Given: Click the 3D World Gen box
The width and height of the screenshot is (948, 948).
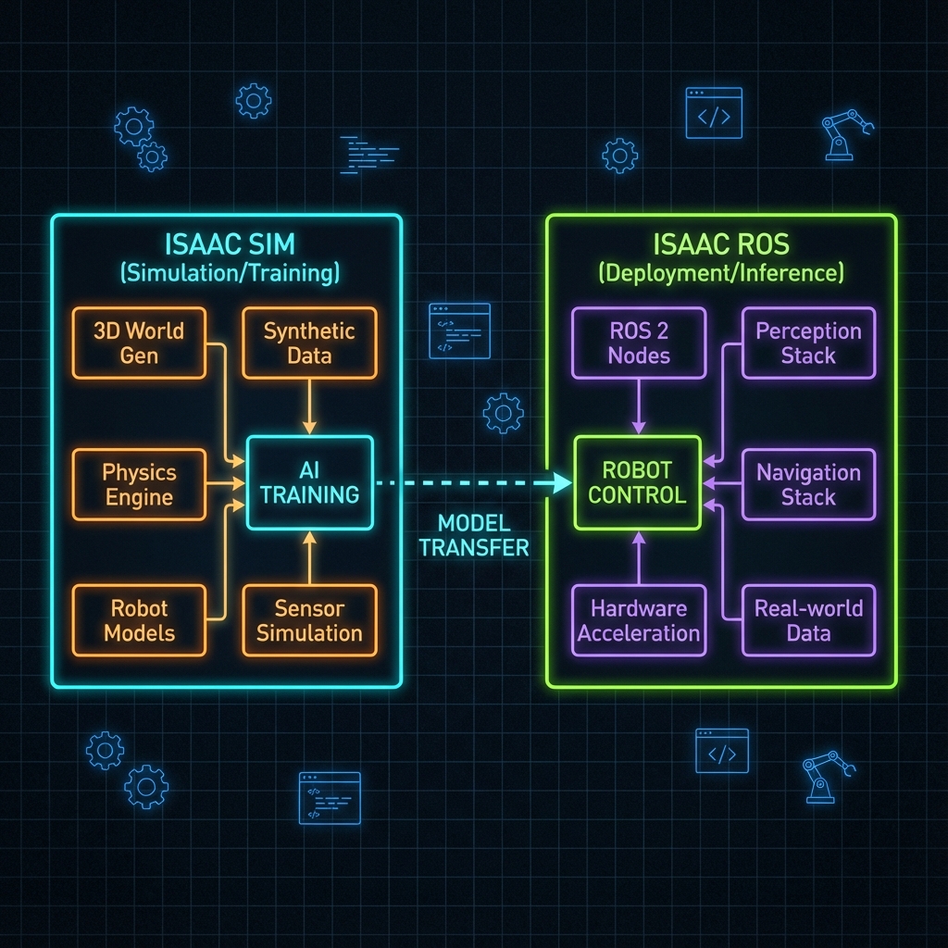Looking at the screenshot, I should (139, 343).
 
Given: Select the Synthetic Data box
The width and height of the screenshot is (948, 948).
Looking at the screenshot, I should (309, 343).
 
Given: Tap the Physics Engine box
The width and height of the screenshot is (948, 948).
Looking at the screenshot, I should (139, 485).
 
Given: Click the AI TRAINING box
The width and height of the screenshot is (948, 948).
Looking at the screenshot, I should (309, 482).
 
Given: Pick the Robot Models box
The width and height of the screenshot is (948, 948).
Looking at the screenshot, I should (139, 621).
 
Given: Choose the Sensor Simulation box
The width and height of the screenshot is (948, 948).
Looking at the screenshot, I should (309, 621).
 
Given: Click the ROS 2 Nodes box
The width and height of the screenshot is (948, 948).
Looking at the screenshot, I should (639, 343).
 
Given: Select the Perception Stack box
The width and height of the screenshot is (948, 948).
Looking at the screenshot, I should (808, 343).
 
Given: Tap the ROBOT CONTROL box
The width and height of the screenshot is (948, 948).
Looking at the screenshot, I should (638, 482).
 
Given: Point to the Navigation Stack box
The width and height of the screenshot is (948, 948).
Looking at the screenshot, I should (808, 485).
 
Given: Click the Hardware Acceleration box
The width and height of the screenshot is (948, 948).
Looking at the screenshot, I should (639, 621).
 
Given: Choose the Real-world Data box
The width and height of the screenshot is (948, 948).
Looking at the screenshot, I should (808, 621).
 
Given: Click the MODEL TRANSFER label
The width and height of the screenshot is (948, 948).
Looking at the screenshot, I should (473, 536).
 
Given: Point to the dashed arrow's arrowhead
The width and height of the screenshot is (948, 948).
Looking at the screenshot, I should (559, 482).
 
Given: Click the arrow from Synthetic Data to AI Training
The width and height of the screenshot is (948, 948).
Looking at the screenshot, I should (309, 406).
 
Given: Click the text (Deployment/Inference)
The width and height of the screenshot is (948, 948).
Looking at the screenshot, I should (720, 273).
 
